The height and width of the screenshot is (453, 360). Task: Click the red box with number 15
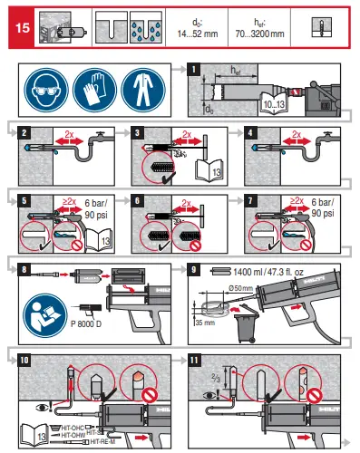click(x=19, y=27)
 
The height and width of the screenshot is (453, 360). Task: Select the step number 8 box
click(x=23, y=269)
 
